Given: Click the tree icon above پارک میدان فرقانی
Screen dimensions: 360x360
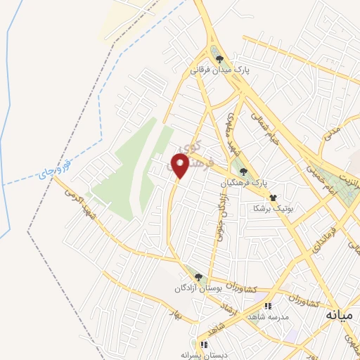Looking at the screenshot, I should coord(220,60).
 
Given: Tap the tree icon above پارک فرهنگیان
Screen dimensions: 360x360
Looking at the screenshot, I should coord(243,172).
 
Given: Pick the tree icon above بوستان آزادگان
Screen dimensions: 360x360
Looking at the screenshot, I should coord(198,277).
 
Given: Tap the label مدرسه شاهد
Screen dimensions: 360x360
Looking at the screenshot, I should coord(268,317).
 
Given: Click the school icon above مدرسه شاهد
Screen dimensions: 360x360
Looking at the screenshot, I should coord(268,306).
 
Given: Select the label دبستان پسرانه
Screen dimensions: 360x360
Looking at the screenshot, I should coord(204,356).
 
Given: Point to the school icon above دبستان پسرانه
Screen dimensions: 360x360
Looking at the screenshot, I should coord(204,345).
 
